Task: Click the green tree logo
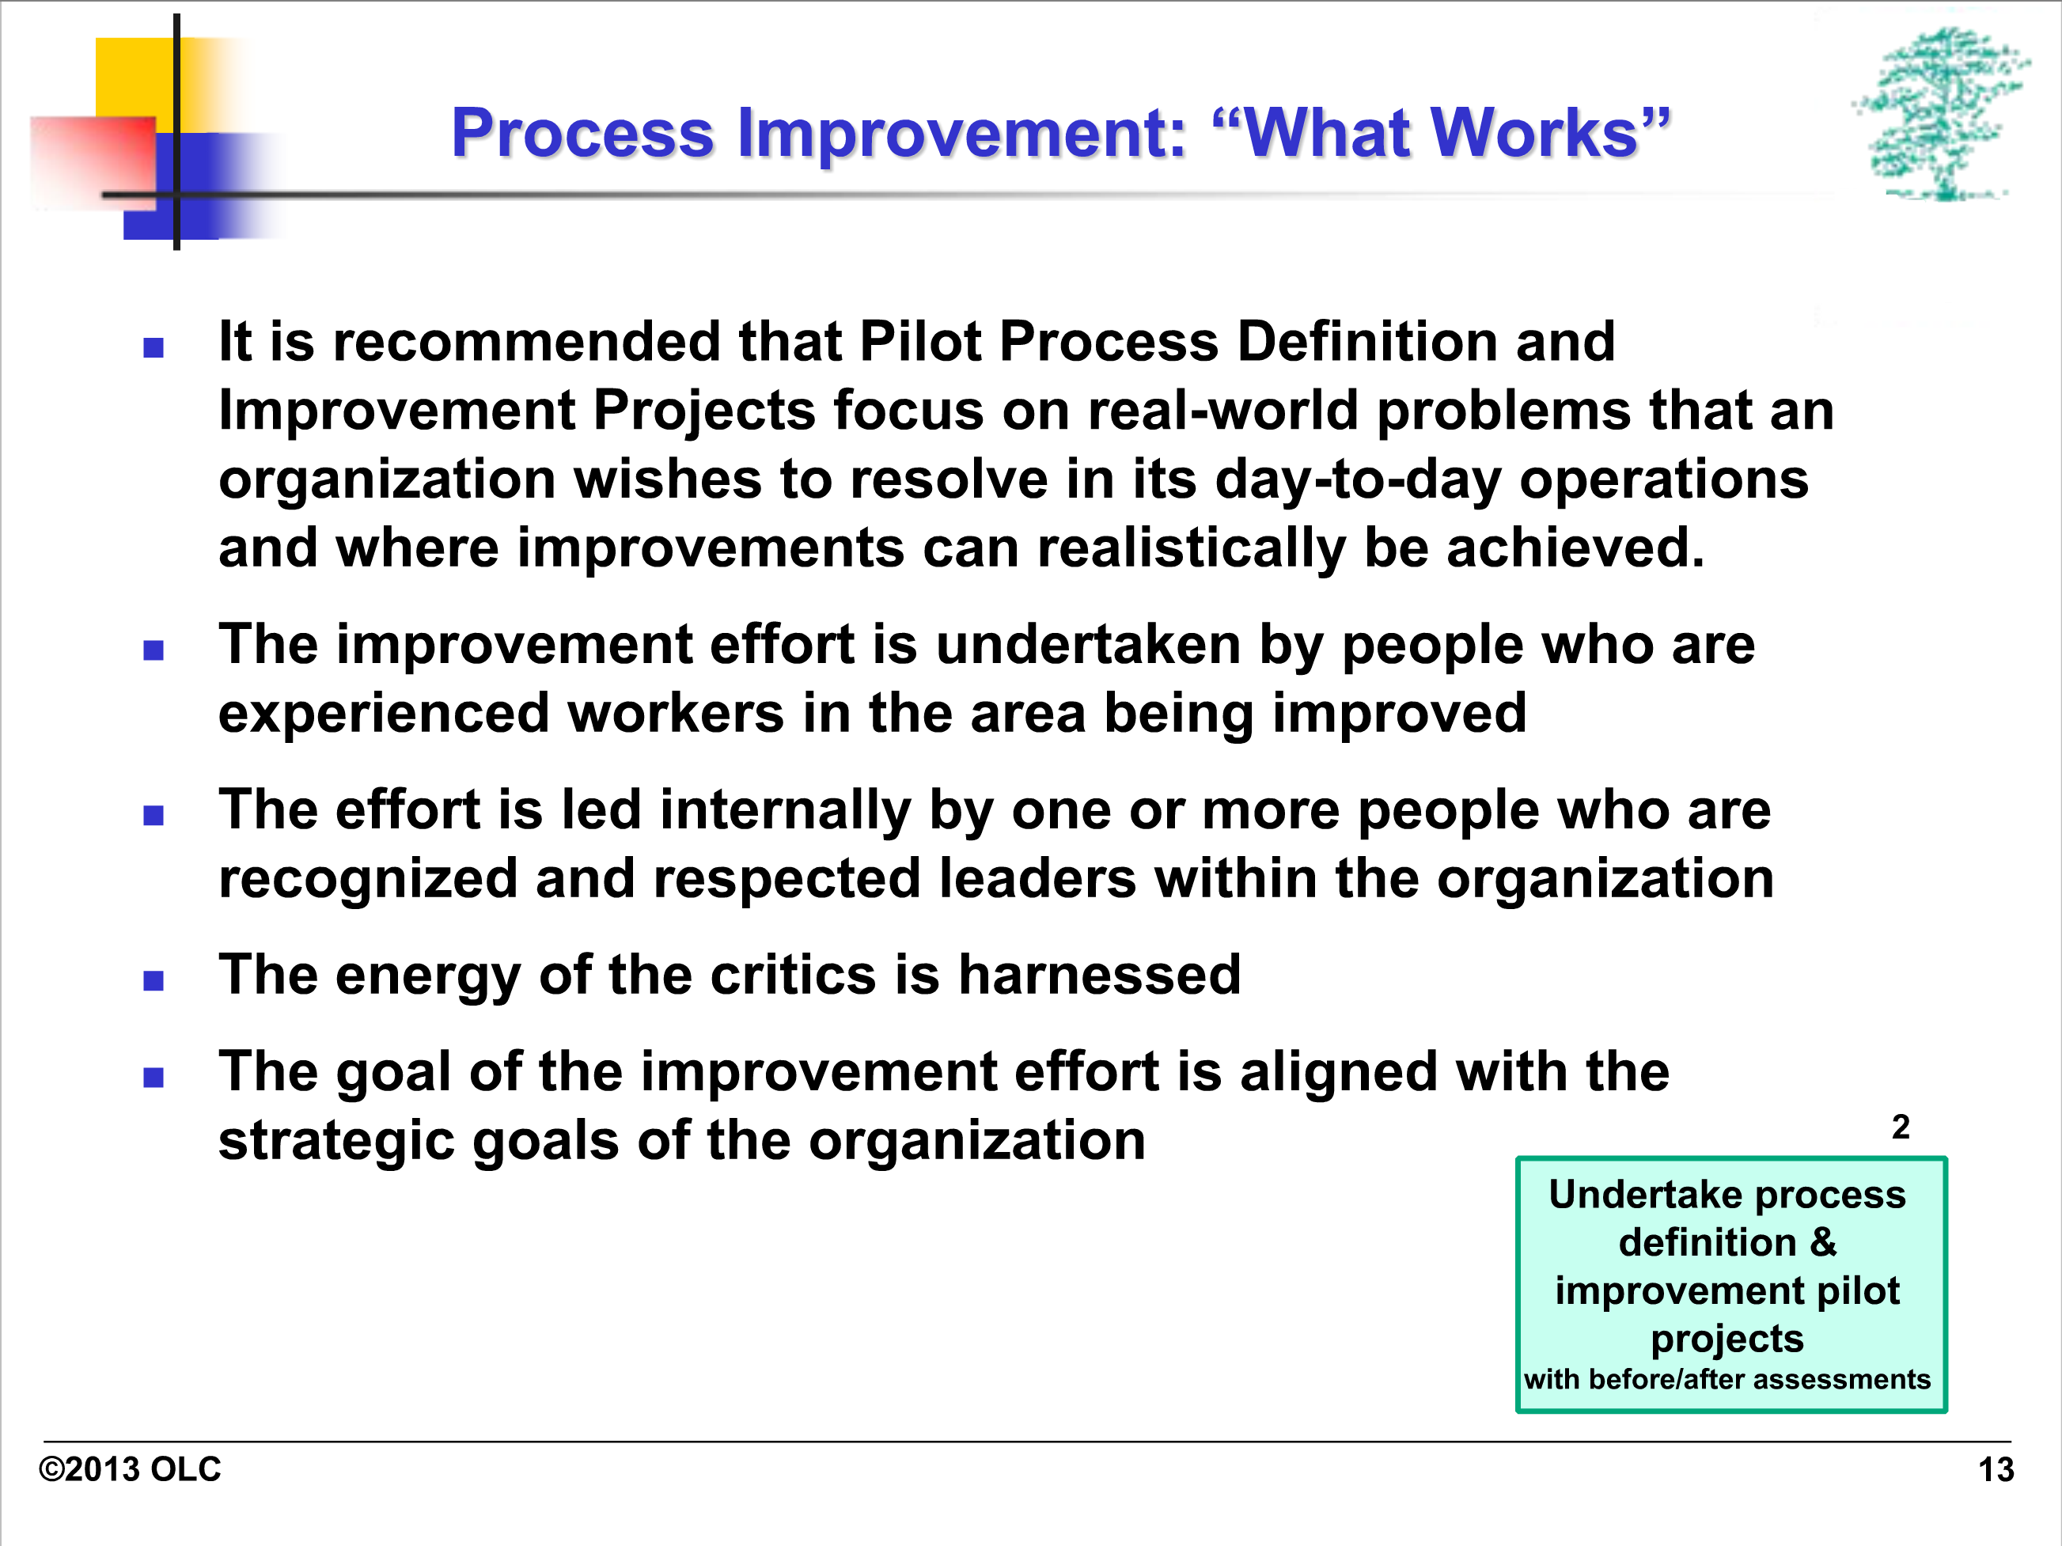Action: coord(1941,114)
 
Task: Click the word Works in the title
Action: coord(1534,132)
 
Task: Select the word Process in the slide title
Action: coord(582,132)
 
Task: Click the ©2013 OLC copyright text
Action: coord(130,1469)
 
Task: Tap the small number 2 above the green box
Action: coord(1901,1127)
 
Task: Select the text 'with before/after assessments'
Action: coord(1727,1379)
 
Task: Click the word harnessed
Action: coord(1100,975)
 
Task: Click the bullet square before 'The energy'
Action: coord(154,980)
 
